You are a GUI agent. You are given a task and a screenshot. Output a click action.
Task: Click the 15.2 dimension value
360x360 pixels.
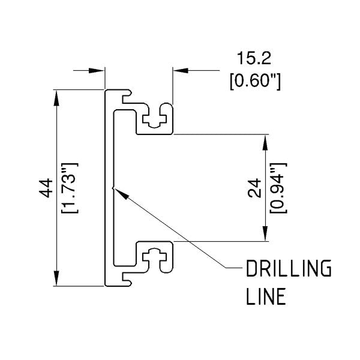pos(254,58)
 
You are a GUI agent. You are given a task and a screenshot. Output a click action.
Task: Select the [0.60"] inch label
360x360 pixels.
pos(255,80)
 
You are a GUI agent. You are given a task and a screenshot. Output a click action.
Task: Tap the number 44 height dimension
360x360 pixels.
pos(46,188)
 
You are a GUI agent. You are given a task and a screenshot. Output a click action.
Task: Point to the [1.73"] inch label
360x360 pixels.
pos(70,188)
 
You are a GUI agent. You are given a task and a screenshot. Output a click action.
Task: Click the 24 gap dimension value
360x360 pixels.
pos(254,188)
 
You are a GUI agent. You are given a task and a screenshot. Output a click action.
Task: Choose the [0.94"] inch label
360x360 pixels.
pos(278,188)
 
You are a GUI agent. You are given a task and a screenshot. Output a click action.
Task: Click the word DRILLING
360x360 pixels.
pos(289,268)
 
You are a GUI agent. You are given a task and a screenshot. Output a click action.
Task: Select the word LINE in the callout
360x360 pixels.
pos(266,296)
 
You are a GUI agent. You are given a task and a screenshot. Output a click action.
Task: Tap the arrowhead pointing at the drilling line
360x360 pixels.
pos(121,194)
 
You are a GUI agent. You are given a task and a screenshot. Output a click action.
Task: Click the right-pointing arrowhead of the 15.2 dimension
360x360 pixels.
pos(97,70)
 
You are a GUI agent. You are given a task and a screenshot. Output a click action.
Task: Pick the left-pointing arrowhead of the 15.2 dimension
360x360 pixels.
pos(181,70)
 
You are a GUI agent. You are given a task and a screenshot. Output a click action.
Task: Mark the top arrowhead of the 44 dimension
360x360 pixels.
pos(56,98)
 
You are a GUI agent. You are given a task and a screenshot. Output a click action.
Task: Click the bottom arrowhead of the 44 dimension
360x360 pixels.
pos(56,278)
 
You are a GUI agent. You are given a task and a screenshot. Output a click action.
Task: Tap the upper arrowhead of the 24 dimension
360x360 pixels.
pos(265,142)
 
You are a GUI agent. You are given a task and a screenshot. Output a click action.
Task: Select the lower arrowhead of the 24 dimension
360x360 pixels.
pos(265,233)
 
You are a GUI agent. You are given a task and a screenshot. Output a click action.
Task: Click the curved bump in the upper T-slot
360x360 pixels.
pos(155,125)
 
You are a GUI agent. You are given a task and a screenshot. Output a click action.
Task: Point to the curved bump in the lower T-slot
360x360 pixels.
pos(155,250)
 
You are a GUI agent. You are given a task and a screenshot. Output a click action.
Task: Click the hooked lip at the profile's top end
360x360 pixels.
pos(127,93)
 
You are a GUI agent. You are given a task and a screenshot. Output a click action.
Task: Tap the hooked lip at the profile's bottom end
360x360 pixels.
pos(127,283)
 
